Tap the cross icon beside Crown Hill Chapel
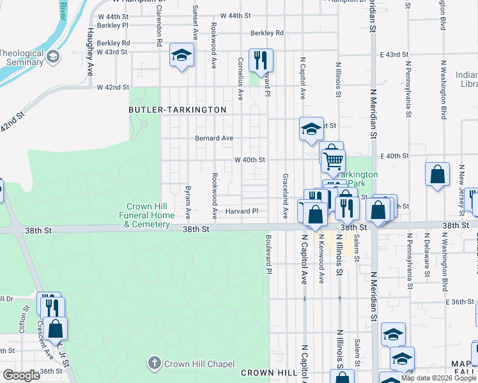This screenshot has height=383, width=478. point(153,364)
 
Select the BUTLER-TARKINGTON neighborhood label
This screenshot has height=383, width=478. point(178,110)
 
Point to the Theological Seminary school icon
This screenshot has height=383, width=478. point(52,57)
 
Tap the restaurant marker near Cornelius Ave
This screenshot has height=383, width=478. point(260,61)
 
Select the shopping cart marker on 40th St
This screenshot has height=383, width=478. point(333,160)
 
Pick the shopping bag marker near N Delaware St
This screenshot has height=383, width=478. point(438,174)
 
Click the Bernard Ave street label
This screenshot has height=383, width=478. point(214,138)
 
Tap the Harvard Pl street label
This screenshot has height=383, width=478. point(242,211)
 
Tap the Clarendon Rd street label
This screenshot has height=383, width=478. point(158,30)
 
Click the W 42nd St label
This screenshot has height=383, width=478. point(113,87)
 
